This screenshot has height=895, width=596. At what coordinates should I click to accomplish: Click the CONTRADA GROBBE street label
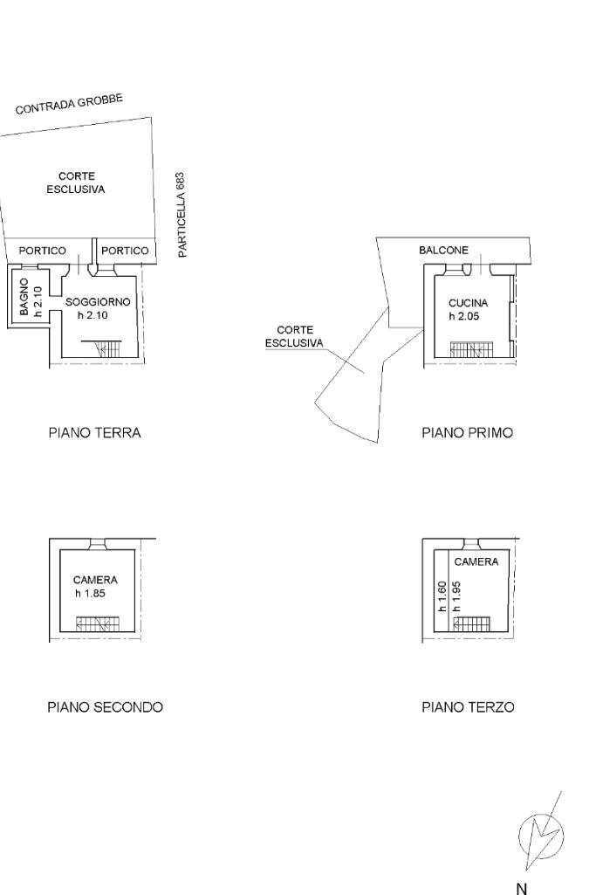[x=70, y=103]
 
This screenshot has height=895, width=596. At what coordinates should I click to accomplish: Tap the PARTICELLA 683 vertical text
[x=182, y=214]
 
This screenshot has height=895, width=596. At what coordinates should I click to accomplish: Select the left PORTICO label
[x=43, y=251]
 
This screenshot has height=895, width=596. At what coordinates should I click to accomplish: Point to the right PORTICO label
[x=125, y=251]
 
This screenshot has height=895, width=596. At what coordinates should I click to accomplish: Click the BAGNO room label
[x=25, y=298]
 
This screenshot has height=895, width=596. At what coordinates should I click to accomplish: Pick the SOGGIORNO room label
[x=98, y=302]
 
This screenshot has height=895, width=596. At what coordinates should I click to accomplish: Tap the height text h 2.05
[x=463, y=316]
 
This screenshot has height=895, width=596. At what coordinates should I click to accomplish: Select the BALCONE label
[x=443, y=251]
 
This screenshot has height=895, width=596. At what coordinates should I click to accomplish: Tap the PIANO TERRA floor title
[x=94, y=432]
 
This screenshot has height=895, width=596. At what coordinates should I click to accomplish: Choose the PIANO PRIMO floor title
[x=467, y=432]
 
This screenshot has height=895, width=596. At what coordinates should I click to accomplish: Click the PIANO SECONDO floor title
[x=105, y=707]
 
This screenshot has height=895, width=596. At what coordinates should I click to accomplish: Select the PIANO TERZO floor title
[x=468, y=707]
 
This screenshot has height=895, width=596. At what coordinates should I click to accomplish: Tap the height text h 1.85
[x=92, y=593]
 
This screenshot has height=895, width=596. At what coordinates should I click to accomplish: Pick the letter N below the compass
[x=521, y=888]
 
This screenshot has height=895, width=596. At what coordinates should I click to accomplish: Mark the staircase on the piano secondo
[x=97, y=623]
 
